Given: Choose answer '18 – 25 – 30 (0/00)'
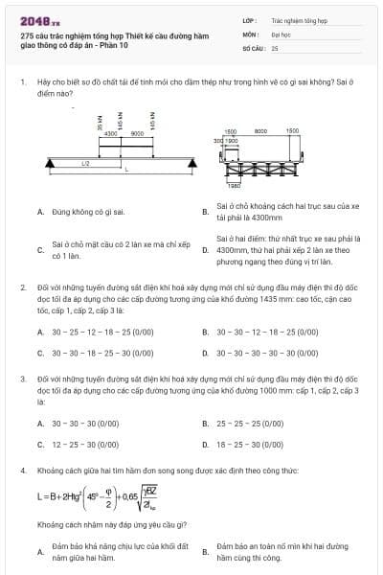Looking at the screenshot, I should [251, 444].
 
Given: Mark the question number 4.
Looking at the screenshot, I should [23, 471].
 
